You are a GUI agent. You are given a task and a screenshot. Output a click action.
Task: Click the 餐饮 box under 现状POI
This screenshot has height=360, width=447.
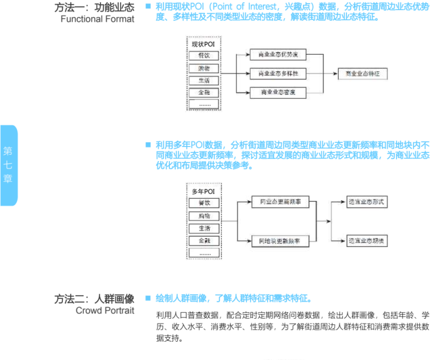(204, 56)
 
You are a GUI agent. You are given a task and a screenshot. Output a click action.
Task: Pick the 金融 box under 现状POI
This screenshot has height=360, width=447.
(204, 92)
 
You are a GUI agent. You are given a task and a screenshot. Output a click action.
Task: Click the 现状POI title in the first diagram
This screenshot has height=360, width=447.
(204, 44)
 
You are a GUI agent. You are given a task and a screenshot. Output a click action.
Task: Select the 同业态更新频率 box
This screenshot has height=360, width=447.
(280, 202)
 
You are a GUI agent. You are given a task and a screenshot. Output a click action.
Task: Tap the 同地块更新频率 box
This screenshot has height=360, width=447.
(280, 241)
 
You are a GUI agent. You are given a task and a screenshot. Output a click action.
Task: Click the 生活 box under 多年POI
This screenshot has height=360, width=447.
(204, 228)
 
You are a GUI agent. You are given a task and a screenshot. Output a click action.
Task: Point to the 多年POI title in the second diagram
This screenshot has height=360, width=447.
(204, 191)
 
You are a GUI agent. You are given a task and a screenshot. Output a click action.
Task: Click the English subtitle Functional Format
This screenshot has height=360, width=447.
(97, 19)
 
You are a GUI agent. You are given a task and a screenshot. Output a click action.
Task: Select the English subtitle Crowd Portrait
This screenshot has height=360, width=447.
(105, 310)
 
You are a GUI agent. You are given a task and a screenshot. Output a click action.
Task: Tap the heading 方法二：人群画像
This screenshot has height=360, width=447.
(95, 298)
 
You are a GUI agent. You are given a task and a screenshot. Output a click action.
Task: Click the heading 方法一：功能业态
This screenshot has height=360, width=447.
(95, 7)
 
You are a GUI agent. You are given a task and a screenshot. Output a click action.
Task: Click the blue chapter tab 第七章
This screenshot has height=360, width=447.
(8, 165)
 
